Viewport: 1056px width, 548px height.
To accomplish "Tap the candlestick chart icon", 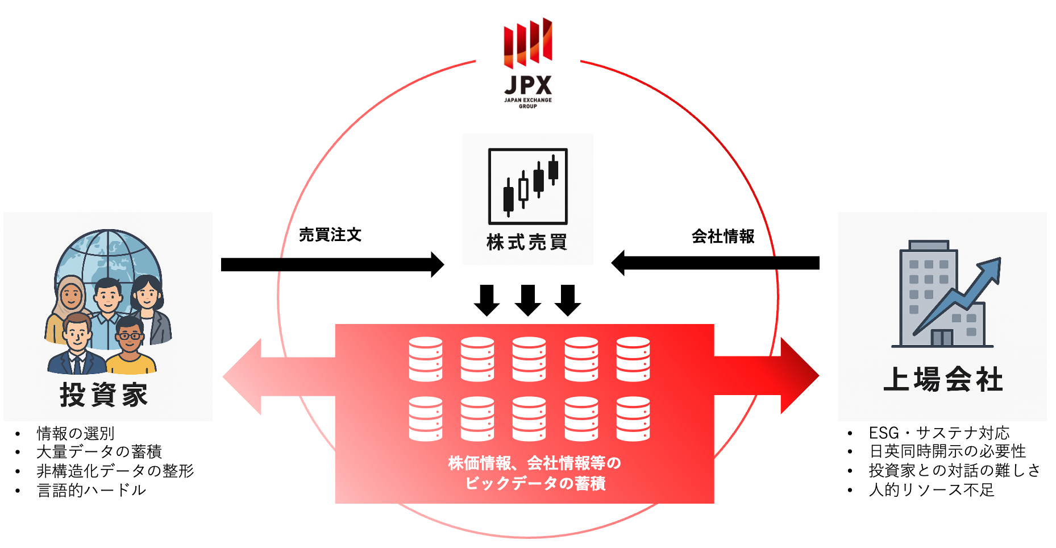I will (x=528, y=186).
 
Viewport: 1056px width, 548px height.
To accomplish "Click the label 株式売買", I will (x=527, y=242).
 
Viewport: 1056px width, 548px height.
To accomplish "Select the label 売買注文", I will (x=330, y=235).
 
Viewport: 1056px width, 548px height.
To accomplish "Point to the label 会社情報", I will (x=723, y=236).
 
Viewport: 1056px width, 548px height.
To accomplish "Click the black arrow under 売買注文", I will (x=332, y=264).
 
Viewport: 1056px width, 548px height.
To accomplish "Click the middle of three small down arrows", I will (x=528, y=300).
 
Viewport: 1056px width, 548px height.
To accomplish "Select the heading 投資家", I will (x=104, y=395).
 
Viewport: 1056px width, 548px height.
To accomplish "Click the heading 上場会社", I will (x=943, y=379).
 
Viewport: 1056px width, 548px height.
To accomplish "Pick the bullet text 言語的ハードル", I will (x=92, y=490).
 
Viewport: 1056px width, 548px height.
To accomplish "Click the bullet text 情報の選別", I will (x=76, y=433).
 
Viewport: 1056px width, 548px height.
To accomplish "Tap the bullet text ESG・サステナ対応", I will (x=939, y=433).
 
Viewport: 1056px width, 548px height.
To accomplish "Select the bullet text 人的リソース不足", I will (x=932, y=490).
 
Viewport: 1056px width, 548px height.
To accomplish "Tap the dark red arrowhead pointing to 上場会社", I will (x=799, y=376).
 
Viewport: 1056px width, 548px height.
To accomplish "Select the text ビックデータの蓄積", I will (x=535, y=483).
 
